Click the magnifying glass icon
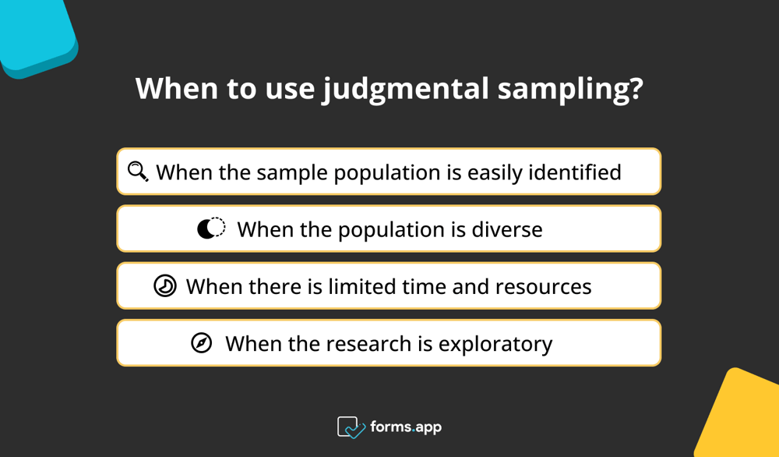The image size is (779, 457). tap(138, 171)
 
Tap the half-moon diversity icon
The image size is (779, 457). tap(210, 228)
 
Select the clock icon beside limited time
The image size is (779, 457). tap(165, 286)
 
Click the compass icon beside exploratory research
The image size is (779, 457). tap(202, 343)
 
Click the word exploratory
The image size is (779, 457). tap(495, 344)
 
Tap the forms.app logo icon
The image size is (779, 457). tap(351, 427)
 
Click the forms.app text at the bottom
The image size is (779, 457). tap(407, 427)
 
